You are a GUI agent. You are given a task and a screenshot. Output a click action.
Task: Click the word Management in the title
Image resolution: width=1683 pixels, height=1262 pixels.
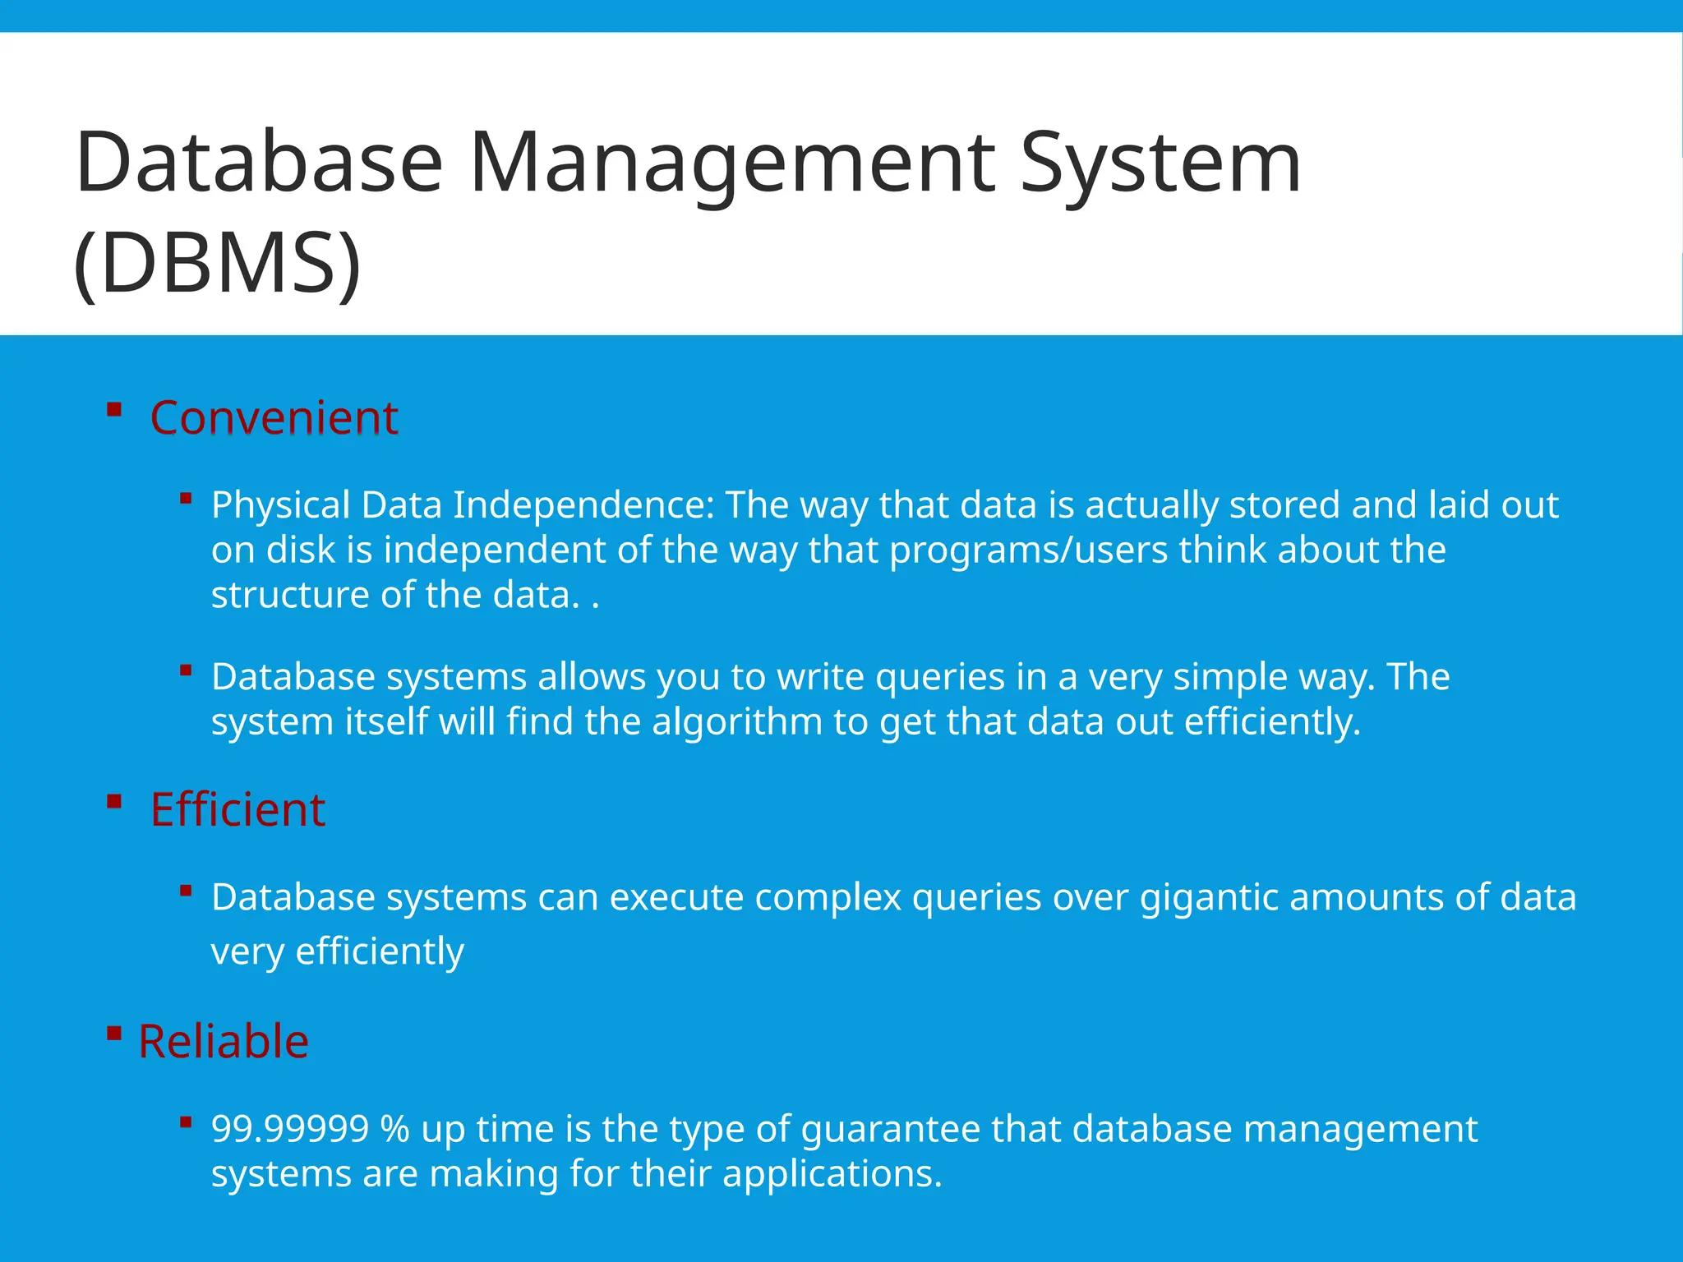[731, 164]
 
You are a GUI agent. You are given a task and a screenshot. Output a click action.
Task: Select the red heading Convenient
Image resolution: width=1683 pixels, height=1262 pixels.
[274, 417]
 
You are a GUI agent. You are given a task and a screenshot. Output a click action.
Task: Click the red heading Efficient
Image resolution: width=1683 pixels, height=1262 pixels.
[237, 810]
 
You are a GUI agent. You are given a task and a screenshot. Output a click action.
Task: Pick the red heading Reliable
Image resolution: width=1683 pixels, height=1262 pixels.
[223, 1042]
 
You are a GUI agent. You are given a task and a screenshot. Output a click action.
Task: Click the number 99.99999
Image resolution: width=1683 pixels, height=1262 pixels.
[290, 1129]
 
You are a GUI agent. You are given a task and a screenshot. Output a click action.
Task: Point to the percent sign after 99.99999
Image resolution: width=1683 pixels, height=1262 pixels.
[394, 1129]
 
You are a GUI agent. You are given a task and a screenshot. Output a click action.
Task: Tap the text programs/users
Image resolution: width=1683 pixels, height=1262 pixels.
[1028, 550]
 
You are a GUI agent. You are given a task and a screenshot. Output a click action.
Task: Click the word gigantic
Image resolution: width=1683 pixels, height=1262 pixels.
[1209, 897]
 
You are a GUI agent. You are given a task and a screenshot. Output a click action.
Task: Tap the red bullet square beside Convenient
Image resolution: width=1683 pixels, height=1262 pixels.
[114, 409]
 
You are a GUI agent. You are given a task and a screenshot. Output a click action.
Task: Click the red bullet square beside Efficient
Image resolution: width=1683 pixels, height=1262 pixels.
[114, 801]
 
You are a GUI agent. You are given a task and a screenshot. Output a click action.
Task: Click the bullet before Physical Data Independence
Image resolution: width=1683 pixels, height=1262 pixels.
[186, 499]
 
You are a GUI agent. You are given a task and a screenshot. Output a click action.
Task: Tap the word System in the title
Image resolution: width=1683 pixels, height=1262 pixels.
[1160, 164]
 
